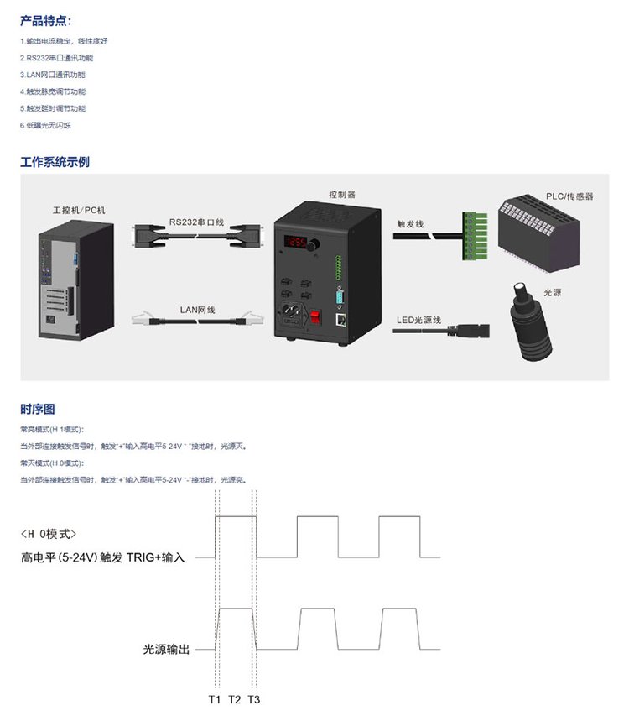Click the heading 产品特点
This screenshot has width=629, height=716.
coord(45,20)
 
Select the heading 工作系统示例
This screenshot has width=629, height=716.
coord(55,162)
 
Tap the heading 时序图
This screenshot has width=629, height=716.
coord(38,409)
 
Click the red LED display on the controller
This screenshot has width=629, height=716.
coord(295,241)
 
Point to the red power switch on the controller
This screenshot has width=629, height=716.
coord(314,316)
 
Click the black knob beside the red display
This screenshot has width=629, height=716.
coord(313,245)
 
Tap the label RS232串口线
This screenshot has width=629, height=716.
coord(196,222)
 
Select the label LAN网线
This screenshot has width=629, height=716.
coord(197,310)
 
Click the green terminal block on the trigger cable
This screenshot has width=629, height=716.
coord(475,236)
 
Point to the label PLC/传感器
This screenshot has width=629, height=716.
coord(569,196)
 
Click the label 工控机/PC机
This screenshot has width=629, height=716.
coord(79,210)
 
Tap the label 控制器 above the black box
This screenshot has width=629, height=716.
coord(342,195)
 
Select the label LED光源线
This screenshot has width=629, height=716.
coord(418,320)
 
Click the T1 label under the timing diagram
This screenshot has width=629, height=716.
coord(215,699)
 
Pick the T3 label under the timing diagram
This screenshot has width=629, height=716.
coord(254,699)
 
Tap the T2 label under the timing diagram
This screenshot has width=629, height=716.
coord(235,699)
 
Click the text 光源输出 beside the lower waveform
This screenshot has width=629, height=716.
coord(167,650)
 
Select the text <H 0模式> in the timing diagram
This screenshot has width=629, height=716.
coord(49,534)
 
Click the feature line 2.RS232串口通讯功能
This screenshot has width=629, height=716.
coord(56,58)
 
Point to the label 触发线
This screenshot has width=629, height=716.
coord(410,224)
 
